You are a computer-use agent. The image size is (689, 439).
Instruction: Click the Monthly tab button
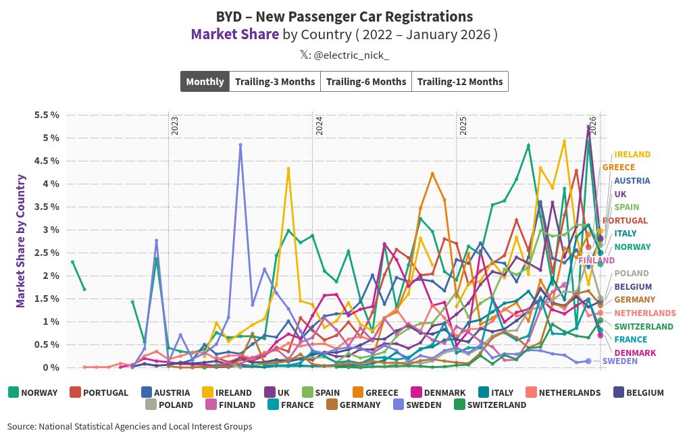[205, 82]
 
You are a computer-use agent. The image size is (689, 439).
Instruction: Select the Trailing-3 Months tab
[275, 82]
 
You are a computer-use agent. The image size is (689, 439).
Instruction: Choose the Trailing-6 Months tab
[366, 82]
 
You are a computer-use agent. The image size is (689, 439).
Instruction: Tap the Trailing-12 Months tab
[460, 82]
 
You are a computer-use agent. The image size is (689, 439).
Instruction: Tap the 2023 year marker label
[174, 126]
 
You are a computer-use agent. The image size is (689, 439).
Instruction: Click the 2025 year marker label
[463, 126]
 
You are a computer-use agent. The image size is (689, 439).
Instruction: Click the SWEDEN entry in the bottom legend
[423, 405]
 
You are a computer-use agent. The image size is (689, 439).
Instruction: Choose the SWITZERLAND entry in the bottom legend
[496, 405]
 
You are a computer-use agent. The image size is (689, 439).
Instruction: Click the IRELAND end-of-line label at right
[632, 155]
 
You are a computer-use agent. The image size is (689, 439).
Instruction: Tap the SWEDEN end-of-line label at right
[619, 361]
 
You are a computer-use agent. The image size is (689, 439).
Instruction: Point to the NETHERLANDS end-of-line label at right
[644, 313]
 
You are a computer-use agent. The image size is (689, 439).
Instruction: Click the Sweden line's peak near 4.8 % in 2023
[240, 145]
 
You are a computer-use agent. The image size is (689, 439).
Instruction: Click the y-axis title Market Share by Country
[21, 241]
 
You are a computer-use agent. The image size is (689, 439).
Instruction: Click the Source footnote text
[130, 427]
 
